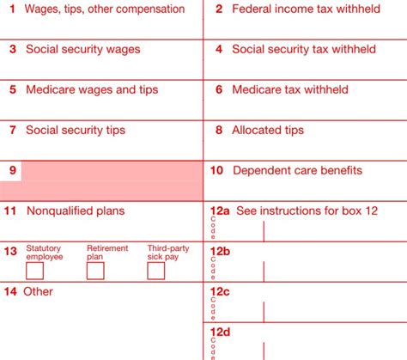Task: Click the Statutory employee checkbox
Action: pyautogui.click(x=35, y=271)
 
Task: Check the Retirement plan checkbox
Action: pyautogui.click(x=95, y=271)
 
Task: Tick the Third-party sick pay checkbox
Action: pyautogui.click(x=155, y=271)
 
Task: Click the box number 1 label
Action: pyautogui.click(x=12, y=9)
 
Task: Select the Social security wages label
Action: pyautogui.click(x=82, y=50)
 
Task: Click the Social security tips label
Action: pyautogui.click(x=76, y=130)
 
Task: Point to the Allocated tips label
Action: pyautogui.click(x=271, y=130)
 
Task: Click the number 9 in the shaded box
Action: pyautogui.click(x=13, y=170)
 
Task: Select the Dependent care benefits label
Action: pyautogui.click(x=297, y=170)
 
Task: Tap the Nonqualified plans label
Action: pyautogui.click(x=76, y=211)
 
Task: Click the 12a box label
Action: pyautogui.click(x=220, y=211)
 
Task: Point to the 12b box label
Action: pyautogui.click(x=220, y=251)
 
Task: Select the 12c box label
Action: pyautogui.click(x=220, y=291)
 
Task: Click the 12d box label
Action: pyautogui.click(x=220, y=332)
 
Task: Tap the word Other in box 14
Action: pyautogui.click(x=39, y=291)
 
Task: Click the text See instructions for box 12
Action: pyautogui.click(x=307, y=211)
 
